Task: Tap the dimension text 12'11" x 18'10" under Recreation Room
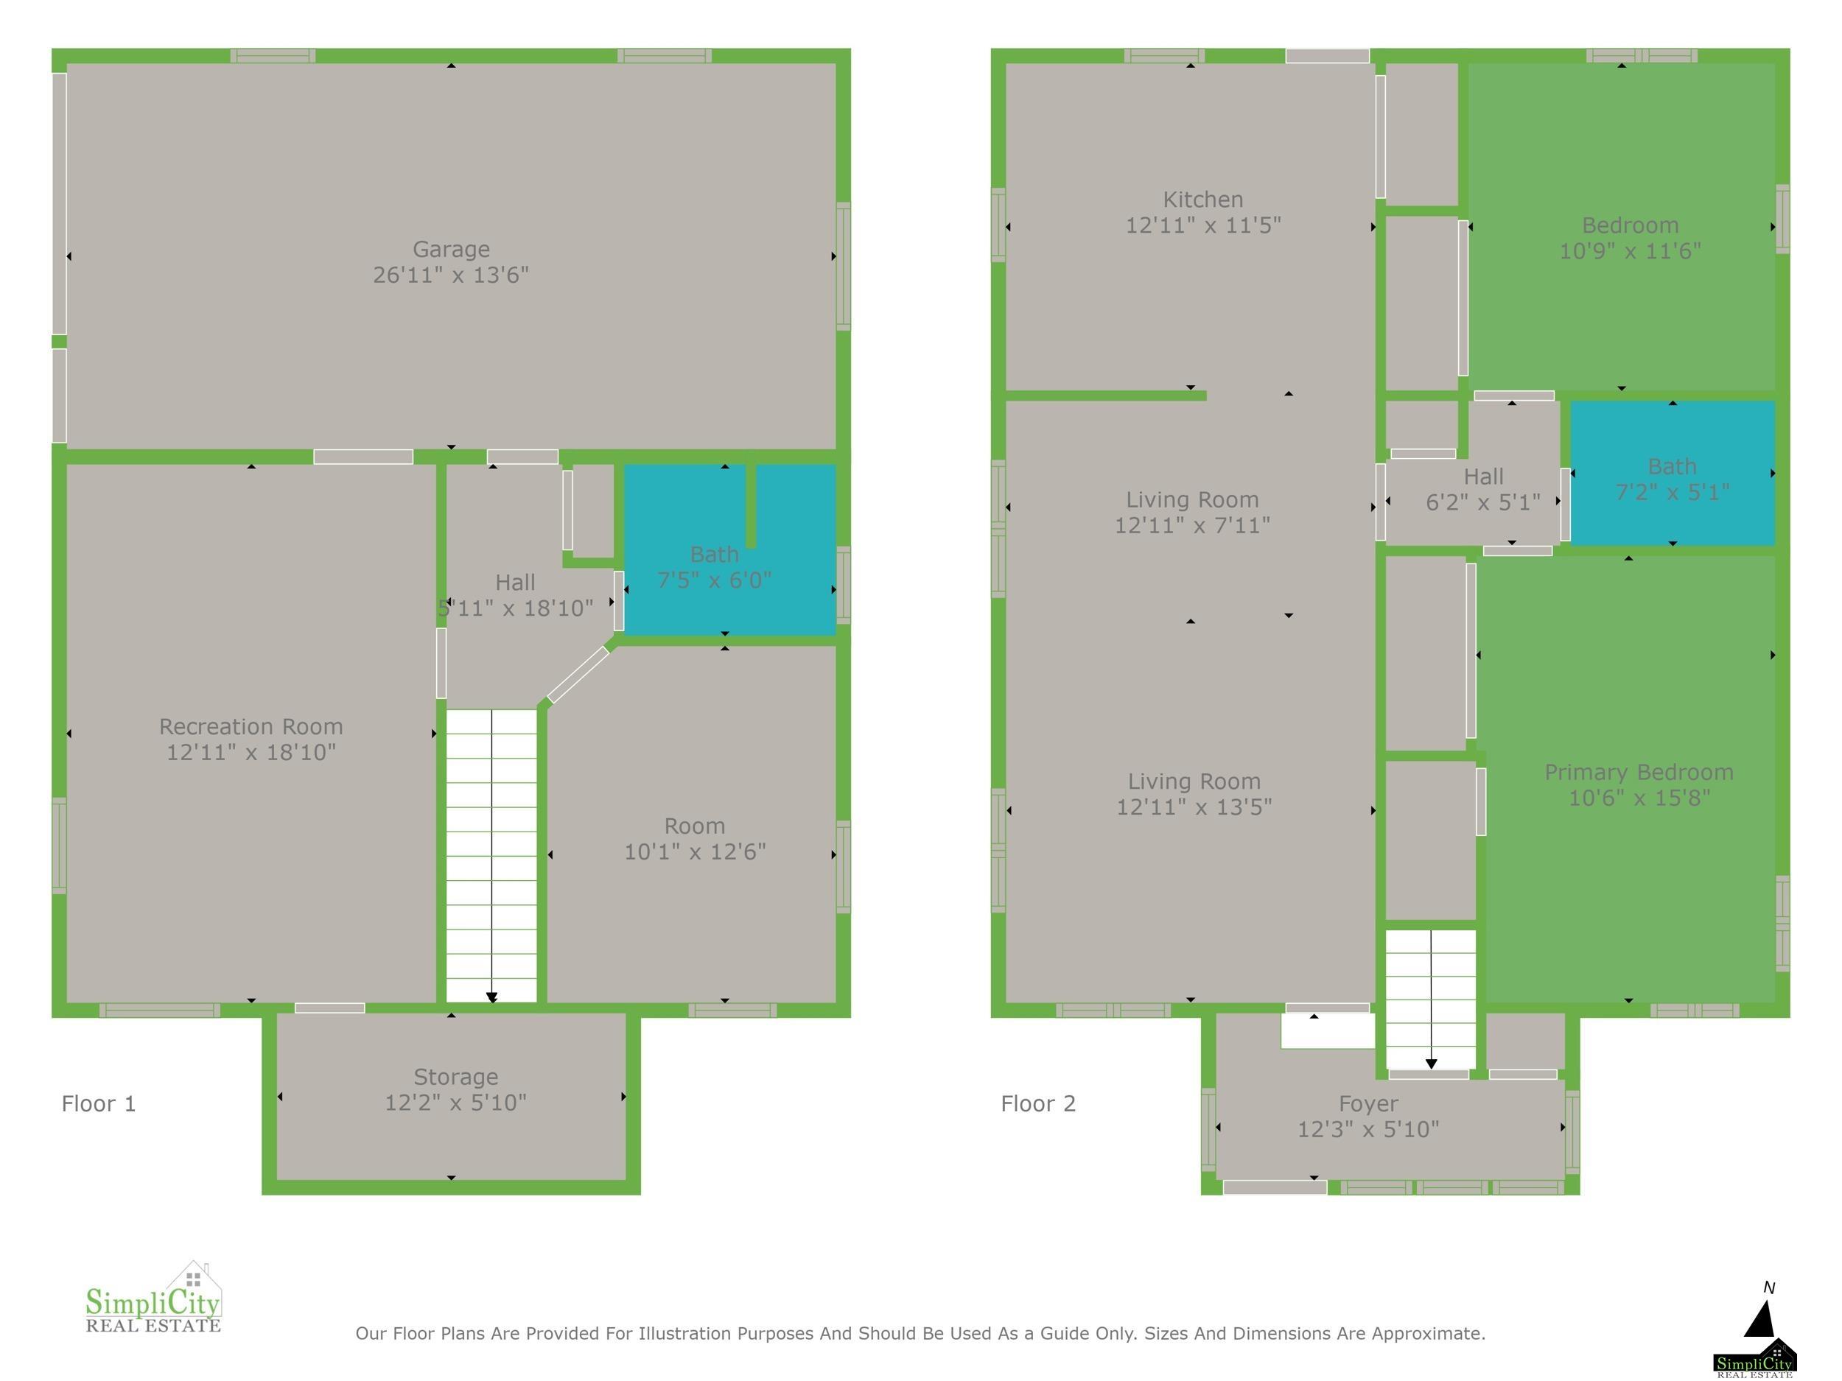click(251, 753)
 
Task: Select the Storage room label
click(455, 1077)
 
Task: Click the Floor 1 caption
click(98, 1104)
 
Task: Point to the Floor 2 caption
click(1037, 1104)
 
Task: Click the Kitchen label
click(1202, 200)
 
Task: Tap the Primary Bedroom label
click(1639, 773)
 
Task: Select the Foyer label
click(1368, 1104)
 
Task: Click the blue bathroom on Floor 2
click(1672, 473)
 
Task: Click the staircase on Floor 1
click(491, 856)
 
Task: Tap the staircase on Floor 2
click(1430, 999)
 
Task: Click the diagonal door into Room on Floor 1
click(578, 675)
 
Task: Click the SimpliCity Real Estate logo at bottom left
click(154, 1297)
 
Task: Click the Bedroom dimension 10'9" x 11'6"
click(1630, 250)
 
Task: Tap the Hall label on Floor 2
click(1483, 477)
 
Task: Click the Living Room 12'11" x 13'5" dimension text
click(1194, 807)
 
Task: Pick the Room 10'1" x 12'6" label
click(695, 839)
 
